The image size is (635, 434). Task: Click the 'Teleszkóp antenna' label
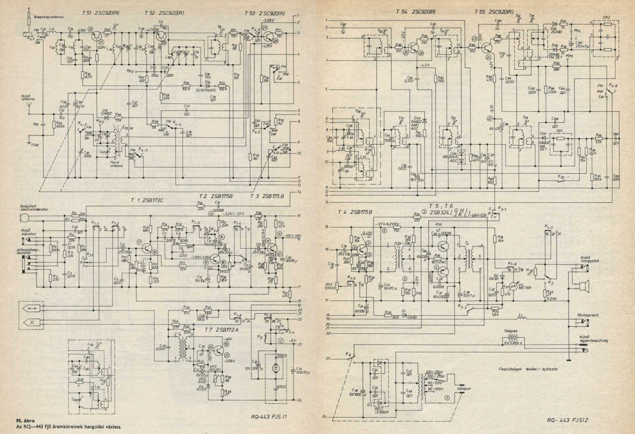click(x=48, y=17)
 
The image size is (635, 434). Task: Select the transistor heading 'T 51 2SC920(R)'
click(x=101, y=13)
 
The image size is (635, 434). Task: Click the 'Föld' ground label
click(x=35, y=145)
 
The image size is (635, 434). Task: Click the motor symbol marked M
click(x=275, y=368)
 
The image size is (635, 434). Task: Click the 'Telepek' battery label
click(x=510, y=331)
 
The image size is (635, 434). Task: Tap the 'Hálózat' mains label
click(x=463, y=389)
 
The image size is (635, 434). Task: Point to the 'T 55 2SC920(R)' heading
click(x=494, y=12)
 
